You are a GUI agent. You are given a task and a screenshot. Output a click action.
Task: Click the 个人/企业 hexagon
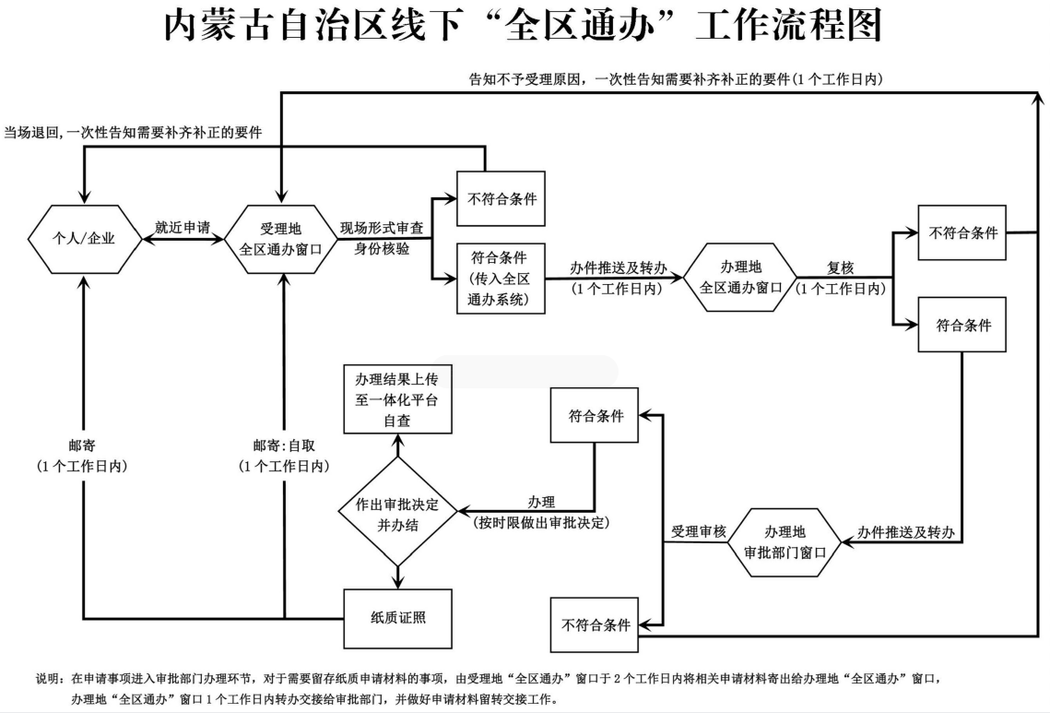pos(84,239)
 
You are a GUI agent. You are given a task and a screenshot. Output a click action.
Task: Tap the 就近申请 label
pos(182,227)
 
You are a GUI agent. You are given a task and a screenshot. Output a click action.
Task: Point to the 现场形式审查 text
pos(383,228)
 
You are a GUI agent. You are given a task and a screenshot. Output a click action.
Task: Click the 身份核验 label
pos(383,249)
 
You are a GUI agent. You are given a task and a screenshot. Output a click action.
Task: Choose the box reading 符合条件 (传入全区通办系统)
pos(501,278)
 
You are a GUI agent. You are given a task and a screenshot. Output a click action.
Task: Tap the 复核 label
pos(840,267)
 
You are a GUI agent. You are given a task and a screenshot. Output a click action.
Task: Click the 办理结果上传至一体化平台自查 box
pos(398,399)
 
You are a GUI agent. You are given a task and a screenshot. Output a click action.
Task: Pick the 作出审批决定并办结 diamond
pos(397,514)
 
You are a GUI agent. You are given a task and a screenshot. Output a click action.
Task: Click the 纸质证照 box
pos(397,617)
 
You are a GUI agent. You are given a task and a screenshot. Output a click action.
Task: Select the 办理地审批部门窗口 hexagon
pos(785,543)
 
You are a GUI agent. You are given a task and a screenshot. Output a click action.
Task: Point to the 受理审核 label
pos(699,532)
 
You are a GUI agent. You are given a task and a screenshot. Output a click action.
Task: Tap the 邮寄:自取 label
pos(282,443)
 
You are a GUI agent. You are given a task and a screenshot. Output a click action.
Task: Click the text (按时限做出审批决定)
pos(542,522)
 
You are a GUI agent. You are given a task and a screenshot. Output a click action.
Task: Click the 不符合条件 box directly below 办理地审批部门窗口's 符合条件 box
pos(596,624)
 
